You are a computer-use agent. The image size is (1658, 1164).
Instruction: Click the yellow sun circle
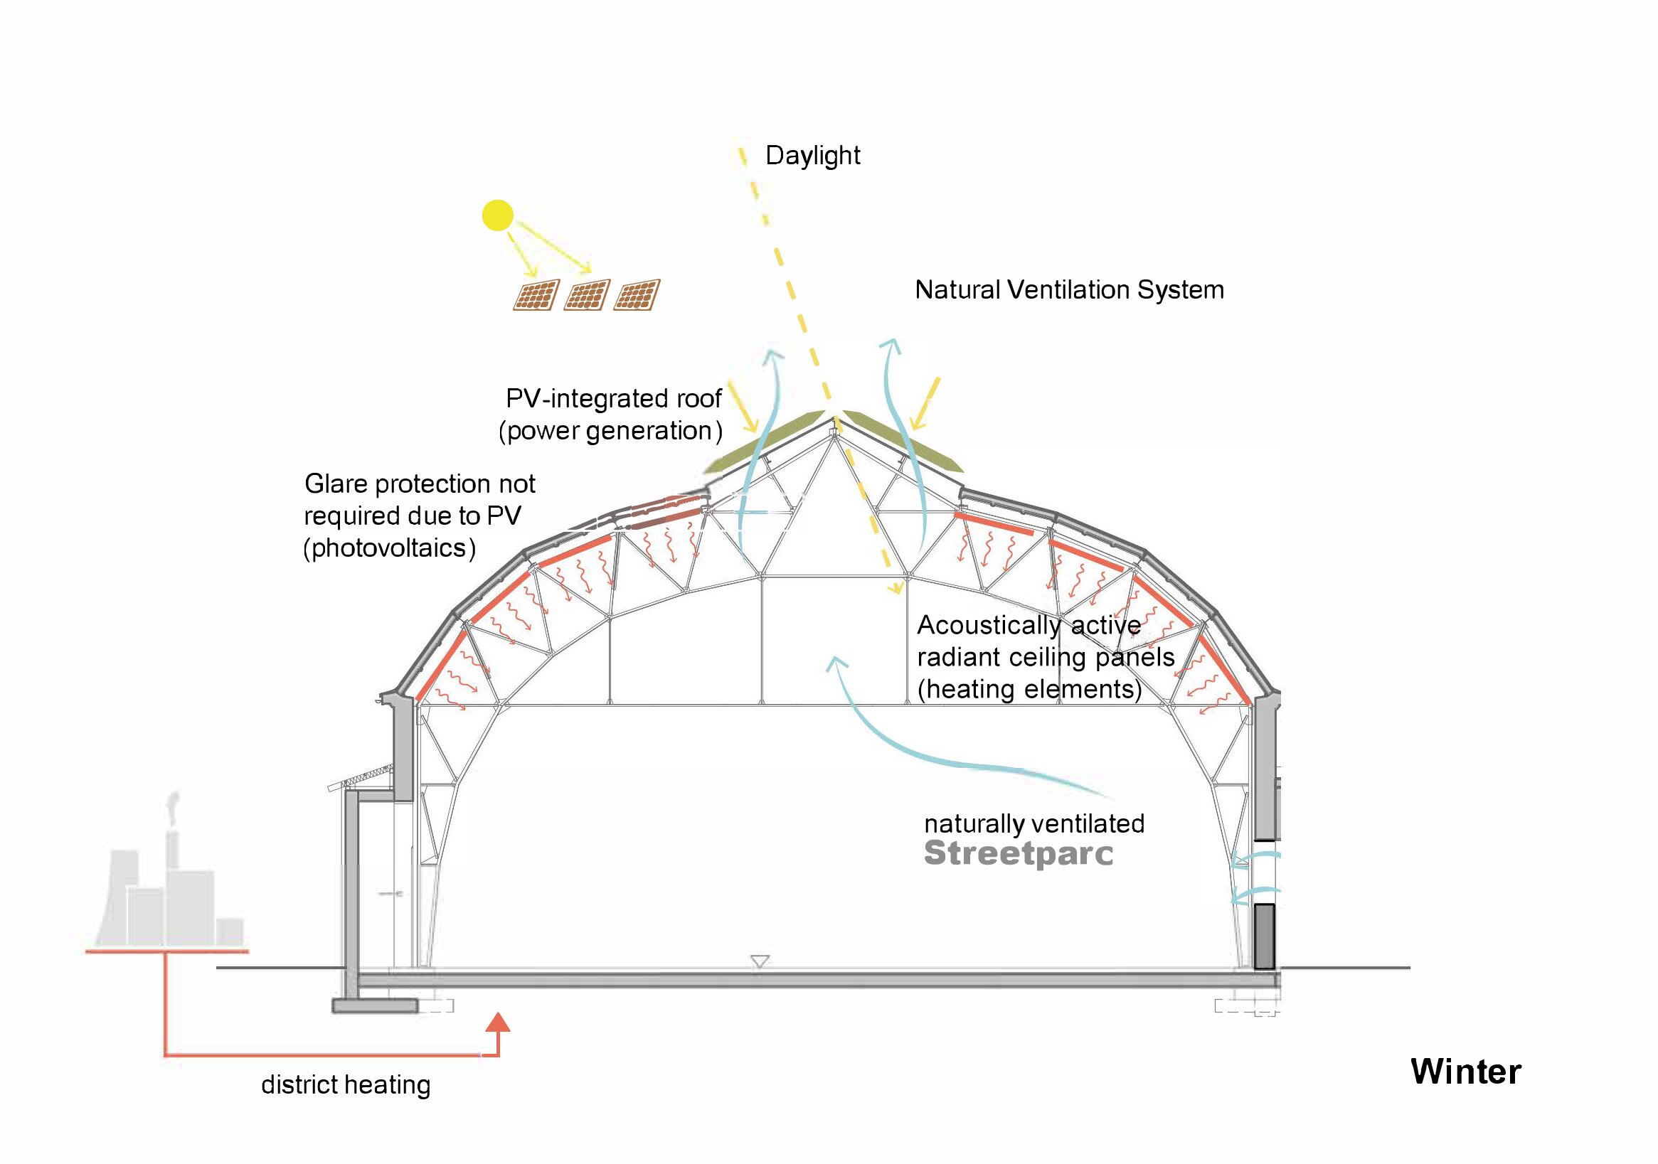[x=498, y=215]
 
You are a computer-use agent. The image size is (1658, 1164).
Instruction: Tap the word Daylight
[x=812, y=156]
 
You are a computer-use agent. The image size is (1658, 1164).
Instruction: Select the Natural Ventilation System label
[x=1069, y=290]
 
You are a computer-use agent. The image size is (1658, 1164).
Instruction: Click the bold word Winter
[x=1465, y=1072]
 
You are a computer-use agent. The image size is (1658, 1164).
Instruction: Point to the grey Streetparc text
[x=1018, y=853]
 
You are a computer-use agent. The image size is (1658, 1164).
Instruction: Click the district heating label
[x=345, y=1084]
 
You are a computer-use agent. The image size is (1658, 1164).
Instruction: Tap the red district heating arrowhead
[x=498, y=1022]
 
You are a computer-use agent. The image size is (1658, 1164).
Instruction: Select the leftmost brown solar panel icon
[x=536, y=295]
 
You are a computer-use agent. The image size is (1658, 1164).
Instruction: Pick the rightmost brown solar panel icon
[x=637, y=295]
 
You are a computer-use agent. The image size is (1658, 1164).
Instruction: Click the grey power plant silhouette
[x=174, y=902]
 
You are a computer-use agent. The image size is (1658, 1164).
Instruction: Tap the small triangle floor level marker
[x=760, y=961]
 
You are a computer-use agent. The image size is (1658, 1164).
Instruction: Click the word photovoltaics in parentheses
[x=390, y=549]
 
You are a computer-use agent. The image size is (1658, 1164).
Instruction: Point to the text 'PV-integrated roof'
[x=614, y=399]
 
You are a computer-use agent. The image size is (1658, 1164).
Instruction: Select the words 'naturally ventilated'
[x=1034, y=824]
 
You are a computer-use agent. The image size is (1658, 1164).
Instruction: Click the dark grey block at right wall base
[x=1264, y=936]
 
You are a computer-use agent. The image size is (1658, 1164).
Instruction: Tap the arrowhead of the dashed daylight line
[x=896, y=589]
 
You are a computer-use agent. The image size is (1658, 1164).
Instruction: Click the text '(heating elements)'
[x=1029, y=690]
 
